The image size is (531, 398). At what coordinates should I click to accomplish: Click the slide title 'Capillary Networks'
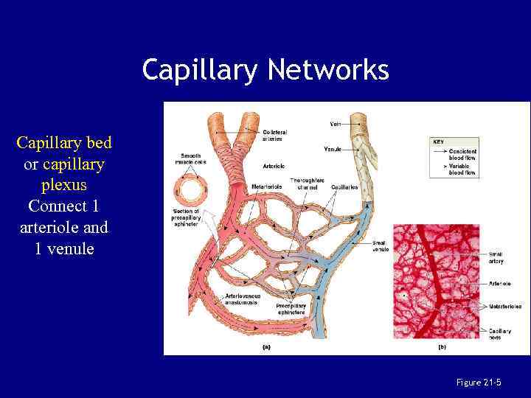click(x=265, y=70)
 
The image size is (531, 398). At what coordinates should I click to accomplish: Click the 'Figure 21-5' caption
click(x=479, y=382)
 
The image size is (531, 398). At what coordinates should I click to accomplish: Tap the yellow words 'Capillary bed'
click(x=64, y=142)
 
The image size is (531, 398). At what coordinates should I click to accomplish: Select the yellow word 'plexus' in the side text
click(x=64, y=184)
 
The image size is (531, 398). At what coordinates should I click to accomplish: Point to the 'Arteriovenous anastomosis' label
click(x=241, y=299)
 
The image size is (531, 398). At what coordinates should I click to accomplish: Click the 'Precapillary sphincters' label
click(x=291, y=309)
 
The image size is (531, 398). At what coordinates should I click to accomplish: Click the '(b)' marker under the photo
click(x=442, y=346)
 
